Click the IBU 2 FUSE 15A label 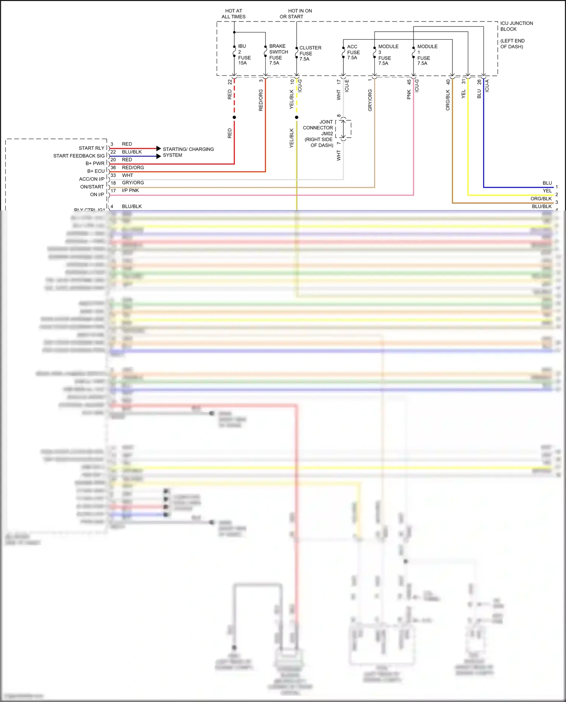click(244, 55)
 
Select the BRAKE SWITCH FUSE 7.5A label click(278, 55)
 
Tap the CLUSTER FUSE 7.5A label click(310, 53)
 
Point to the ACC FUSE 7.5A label click(353, 52)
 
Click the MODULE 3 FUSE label click(388, 55)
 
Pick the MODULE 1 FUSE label click(427, 55)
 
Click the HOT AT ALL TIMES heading click(234, 14)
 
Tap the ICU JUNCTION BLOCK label click(516, 26)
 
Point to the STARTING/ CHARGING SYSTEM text click(188, 152)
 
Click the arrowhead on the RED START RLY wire click(158, 149)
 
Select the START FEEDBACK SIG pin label click(79, 156)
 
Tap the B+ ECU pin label click(96, 171)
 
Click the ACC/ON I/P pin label click(92, 179)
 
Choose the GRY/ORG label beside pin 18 click(133, 183)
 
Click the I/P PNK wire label click(130, 190)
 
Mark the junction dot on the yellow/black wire click(297, 117)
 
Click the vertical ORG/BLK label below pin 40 click(448, 100)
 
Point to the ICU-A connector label click(487, 86)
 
